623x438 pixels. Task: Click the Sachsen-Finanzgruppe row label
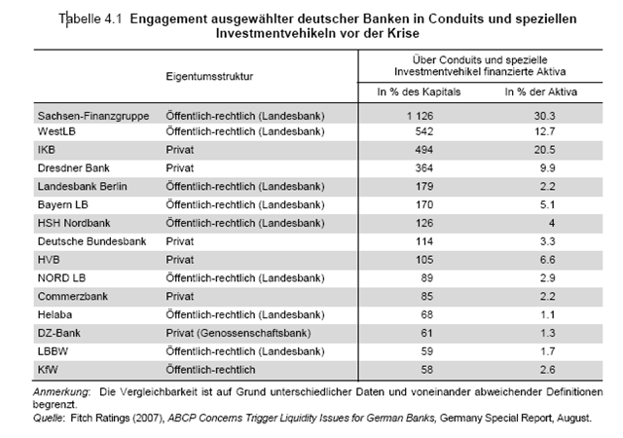pyautogui.click(x=93, y=116)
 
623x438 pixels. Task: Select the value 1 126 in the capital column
pyautogui.click(x=420, y=116)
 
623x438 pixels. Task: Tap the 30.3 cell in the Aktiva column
pyautogui.click(x=544, y=116)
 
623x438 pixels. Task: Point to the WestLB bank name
pyautogui.click(x=56, y=131)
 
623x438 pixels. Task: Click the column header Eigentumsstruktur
pyautogui.click(x=209, y=76)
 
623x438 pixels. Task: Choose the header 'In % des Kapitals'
pyautogui.click(x=419, y=91)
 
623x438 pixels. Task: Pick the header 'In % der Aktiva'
pyautogui.click(x=541, y=91)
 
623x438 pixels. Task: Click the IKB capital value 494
pyautogui.click(x=424, y=150)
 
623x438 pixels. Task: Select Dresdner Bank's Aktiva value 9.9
pyautogui.click(x=547, y=168)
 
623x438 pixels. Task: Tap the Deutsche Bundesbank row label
pyautogui.click(x=92, y=241)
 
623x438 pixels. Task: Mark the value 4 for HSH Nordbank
pyautogui.click(x=552, y=223)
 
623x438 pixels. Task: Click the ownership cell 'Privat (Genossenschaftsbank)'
pyautogui.click(x=238, y=333)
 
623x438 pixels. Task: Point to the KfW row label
pyautogui.click(x=48, y=370)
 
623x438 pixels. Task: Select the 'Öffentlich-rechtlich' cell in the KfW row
pyautogui.click(x=210, y=370)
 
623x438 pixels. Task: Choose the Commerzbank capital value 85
pyautogui.click(x=426, y=297)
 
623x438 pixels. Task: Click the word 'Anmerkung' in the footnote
pyautogui.click(x=61, y=392)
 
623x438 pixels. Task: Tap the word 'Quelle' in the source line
pyautogui.click(x=48, y=419)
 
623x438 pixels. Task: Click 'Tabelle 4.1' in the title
pyautogui.click(x=91, y=19)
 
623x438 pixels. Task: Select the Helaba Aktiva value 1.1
pyautogui.click(x=547, y=314)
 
